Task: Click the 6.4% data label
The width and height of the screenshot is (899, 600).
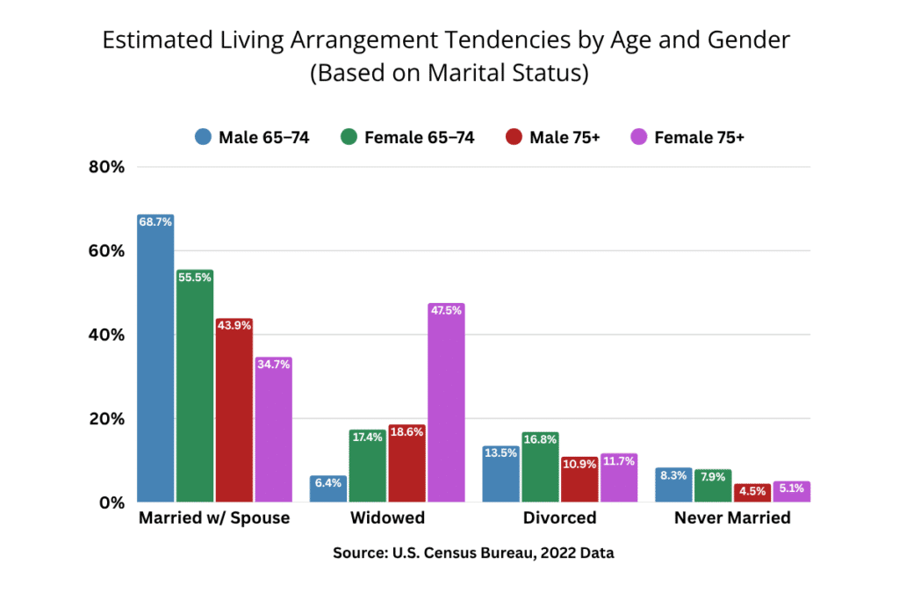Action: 328,482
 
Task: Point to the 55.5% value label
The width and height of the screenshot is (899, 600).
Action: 195,277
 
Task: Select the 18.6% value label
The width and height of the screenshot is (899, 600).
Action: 407,432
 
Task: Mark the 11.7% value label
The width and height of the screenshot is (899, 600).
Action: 619,460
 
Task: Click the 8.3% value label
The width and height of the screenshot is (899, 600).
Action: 673,474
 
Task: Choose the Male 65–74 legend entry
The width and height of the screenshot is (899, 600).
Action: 251,137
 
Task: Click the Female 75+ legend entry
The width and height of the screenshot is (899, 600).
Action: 687,137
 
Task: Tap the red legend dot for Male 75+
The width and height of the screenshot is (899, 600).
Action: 514,137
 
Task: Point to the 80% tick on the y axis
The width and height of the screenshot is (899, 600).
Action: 107,167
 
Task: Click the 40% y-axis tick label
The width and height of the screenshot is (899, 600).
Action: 107,335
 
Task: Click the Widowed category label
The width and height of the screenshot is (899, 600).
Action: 387,518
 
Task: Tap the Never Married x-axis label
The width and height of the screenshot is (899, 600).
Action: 732,518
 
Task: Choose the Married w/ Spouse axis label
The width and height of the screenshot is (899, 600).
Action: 214,518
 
